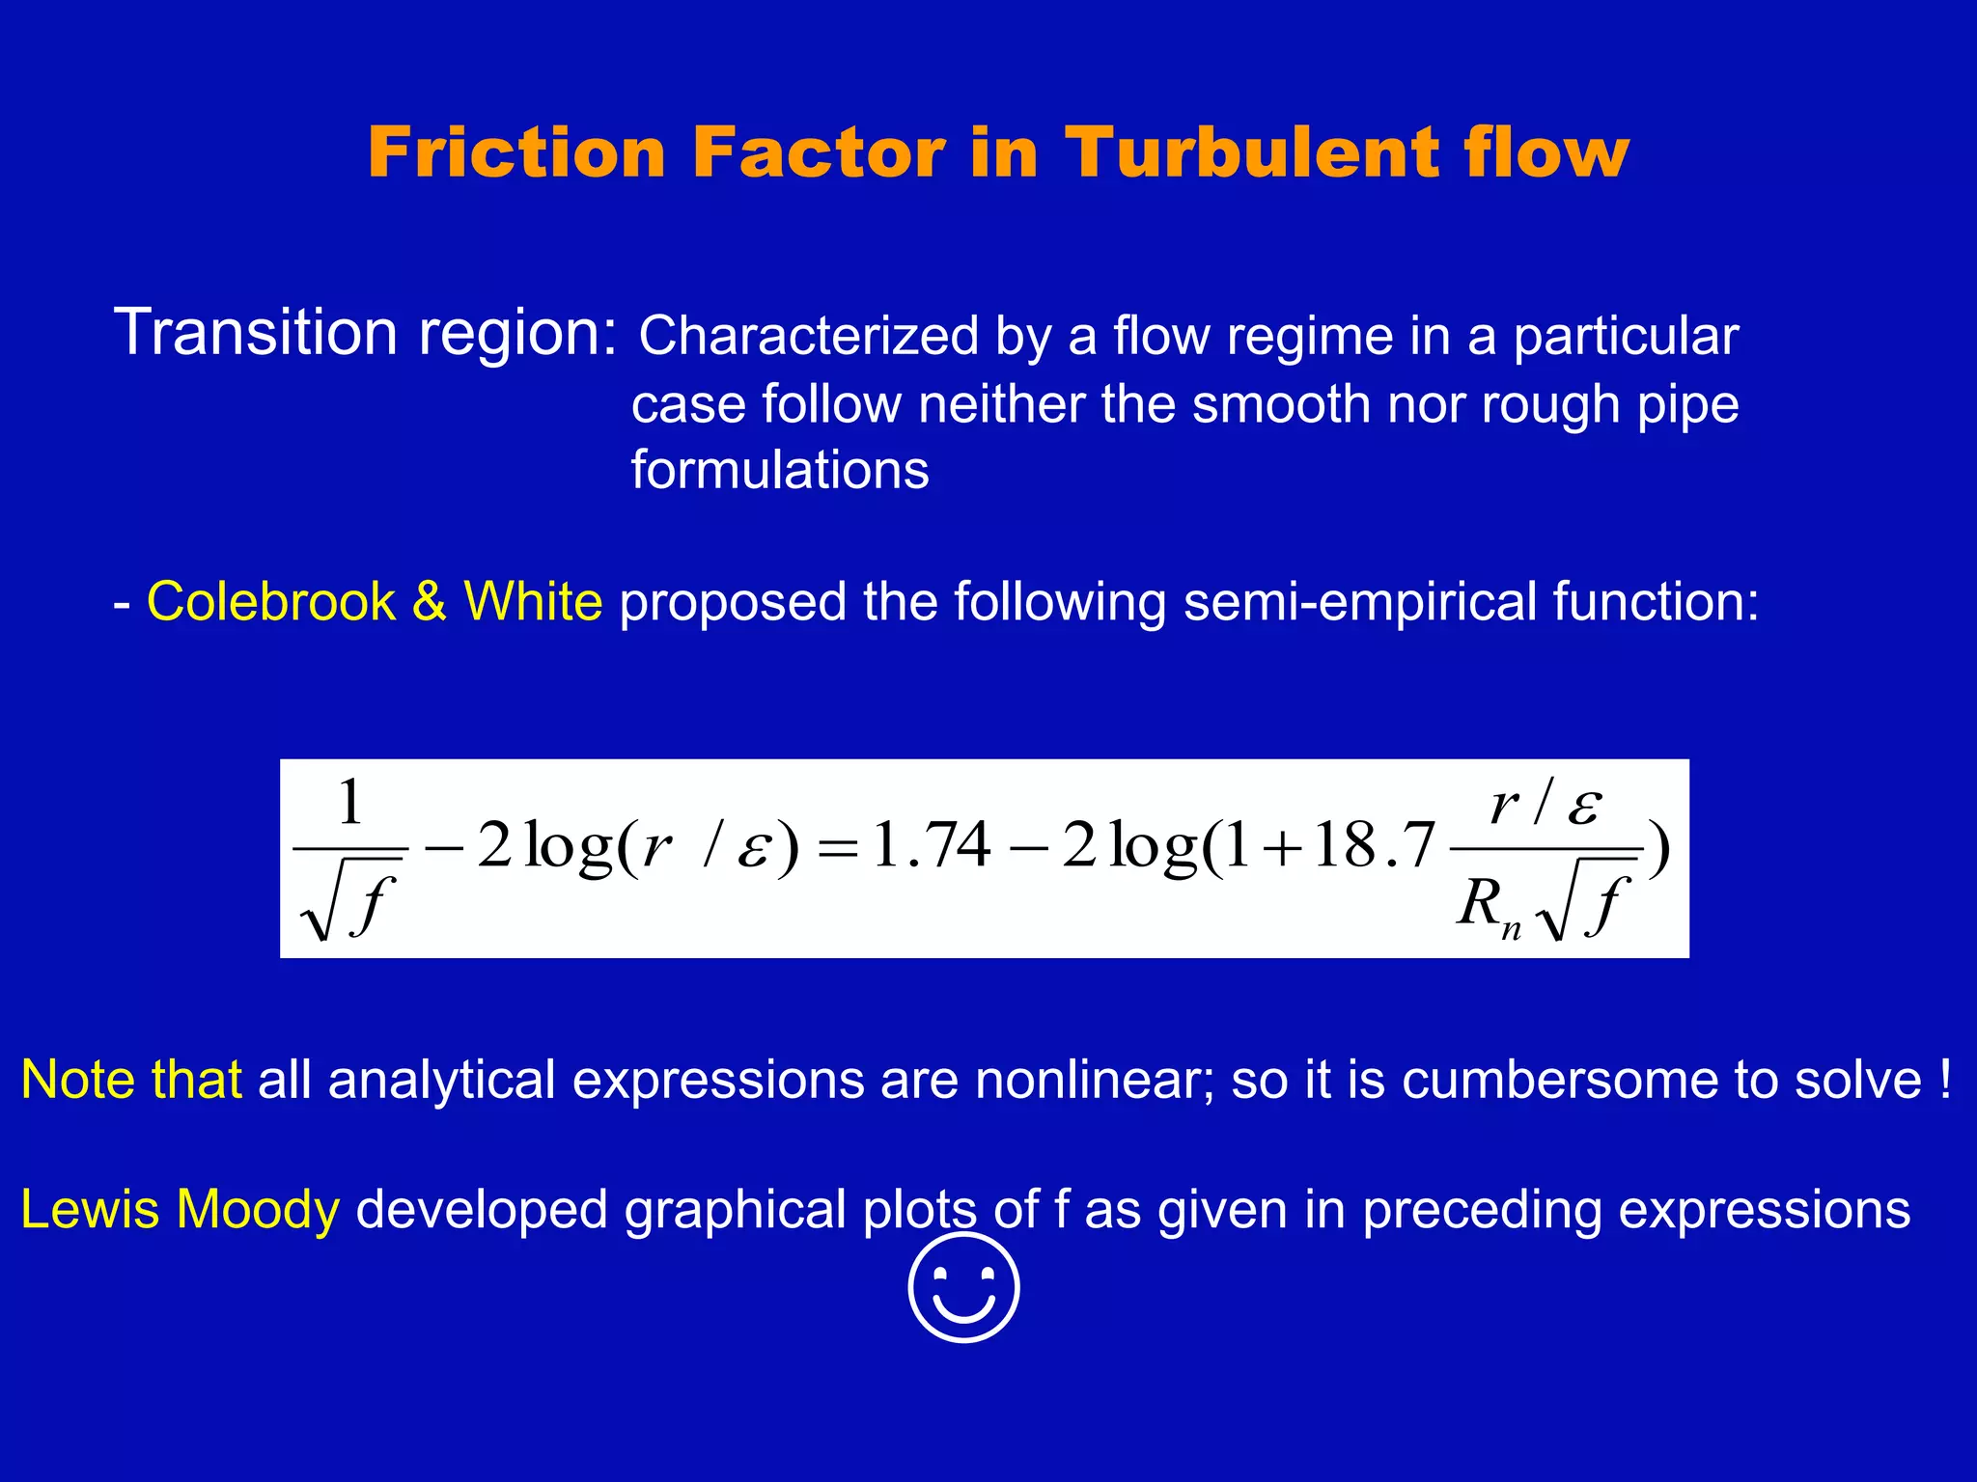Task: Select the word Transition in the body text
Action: (x=255, y=332)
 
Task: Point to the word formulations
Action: (x=780, y=471)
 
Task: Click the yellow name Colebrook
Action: (x=270, y=601)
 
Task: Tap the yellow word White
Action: (x=533, y=601)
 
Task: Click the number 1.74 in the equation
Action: (x=931, y=845)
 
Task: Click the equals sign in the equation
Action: (x=837, y=849)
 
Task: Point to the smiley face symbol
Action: (x=963, y=1286)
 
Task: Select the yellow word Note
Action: (x=77, y=1079)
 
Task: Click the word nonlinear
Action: (x=1086, y=1079)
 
